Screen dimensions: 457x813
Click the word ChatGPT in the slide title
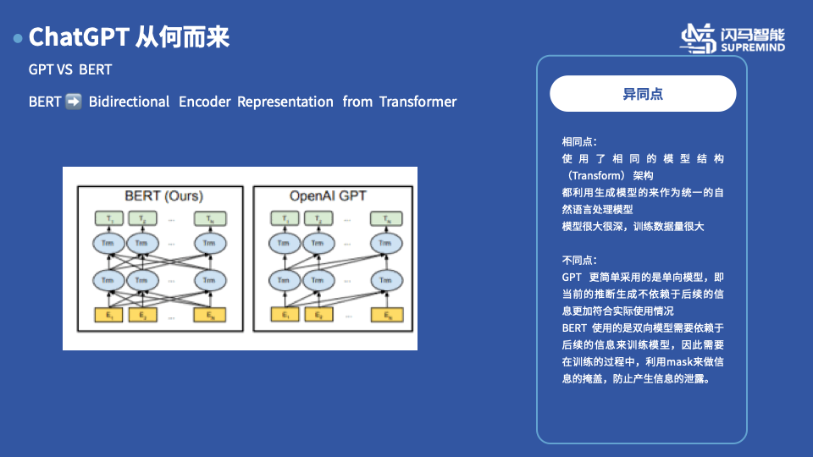pos(79,38)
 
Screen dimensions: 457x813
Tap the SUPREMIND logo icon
pos(700,38)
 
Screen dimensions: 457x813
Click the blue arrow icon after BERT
pos(74,102)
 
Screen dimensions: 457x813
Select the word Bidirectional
pos(129,102)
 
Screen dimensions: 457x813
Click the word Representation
pos(285,102)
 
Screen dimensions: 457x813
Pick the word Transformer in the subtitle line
pos(418,102)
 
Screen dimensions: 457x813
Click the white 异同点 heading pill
pos(643,94)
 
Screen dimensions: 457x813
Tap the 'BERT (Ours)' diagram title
pos(163,195)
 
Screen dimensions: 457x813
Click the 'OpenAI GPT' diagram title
pos(329,195)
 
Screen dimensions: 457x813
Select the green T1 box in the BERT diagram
pos(108,219)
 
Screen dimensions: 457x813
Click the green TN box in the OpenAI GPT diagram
pos(386,219)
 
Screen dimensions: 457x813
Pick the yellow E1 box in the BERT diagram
pos(108,317)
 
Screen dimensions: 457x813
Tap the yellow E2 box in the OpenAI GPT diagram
pos(318,317)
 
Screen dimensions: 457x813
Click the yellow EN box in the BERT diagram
pos(209,317)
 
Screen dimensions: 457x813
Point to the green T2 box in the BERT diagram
pos(142,219)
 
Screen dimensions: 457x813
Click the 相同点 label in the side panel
pos(580,141)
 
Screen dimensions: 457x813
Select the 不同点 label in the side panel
pos(580,260)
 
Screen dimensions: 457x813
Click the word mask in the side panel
pos(656,361)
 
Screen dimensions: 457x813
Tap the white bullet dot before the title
pos(18,39)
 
